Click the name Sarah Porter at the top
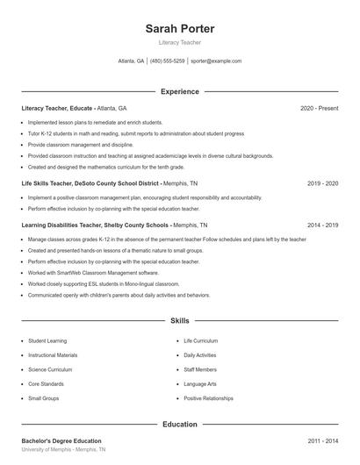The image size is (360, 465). (x=179, y=29)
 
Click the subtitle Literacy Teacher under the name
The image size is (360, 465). (x=179, y=42)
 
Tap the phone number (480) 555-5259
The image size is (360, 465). (x=168, y=61)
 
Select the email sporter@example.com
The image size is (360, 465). (x=216, y=61)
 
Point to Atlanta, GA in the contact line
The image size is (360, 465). (x=131, y=61)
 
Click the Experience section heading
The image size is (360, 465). (x=179, y=91)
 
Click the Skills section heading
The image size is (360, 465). (x=179, y=321)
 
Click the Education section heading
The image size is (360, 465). (x=179, y=424)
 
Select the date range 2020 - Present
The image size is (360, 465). (x=319, y=108)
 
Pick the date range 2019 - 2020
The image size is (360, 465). (x=322, y=184)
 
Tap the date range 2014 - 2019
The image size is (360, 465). (x=322, y=225)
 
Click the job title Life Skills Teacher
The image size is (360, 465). (x=52, y=184)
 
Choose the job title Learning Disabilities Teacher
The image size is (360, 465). (x=61, y=225)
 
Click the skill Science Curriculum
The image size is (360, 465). (x=50, y=369)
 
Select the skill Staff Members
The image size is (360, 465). (x=201, y=369)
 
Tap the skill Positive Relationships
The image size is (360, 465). (x=209, y=398)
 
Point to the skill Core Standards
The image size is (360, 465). (x=46, y=383)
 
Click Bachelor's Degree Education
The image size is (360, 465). (x=61, y=440)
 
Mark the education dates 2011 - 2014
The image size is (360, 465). (x=322, y=440)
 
